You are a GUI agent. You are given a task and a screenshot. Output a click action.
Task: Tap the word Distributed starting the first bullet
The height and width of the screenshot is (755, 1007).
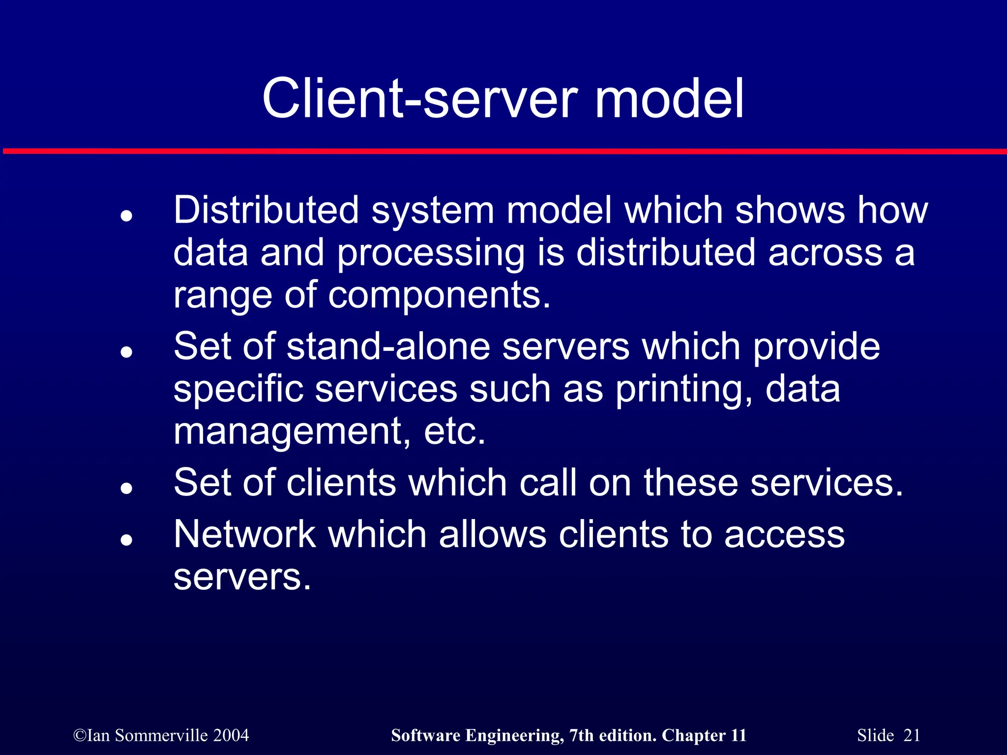click(266, 210)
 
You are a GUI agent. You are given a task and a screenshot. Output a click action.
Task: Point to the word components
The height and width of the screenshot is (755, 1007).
click(439, 296)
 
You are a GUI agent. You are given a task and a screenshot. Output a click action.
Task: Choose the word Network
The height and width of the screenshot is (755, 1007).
click(245, 534)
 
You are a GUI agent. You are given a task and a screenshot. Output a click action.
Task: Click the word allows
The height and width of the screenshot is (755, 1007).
click(492, 534)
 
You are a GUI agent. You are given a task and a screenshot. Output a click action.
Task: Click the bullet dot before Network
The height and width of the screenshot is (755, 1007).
click(127, 540)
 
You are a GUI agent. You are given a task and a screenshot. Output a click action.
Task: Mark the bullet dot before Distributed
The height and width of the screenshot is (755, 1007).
click(127, 216)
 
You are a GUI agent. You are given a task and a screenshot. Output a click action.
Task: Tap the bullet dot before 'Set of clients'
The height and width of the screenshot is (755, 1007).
click(127, 488)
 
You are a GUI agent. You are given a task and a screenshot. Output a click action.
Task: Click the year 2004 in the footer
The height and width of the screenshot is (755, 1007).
click(231, 735)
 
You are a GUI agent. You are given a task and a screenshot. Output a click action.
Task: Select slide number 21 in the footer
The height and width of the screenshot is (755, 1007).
click(912, 735)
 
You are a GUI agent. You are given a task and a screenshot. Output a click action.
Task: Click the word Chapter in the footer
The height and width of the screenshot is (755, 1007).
click(693, 735)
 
